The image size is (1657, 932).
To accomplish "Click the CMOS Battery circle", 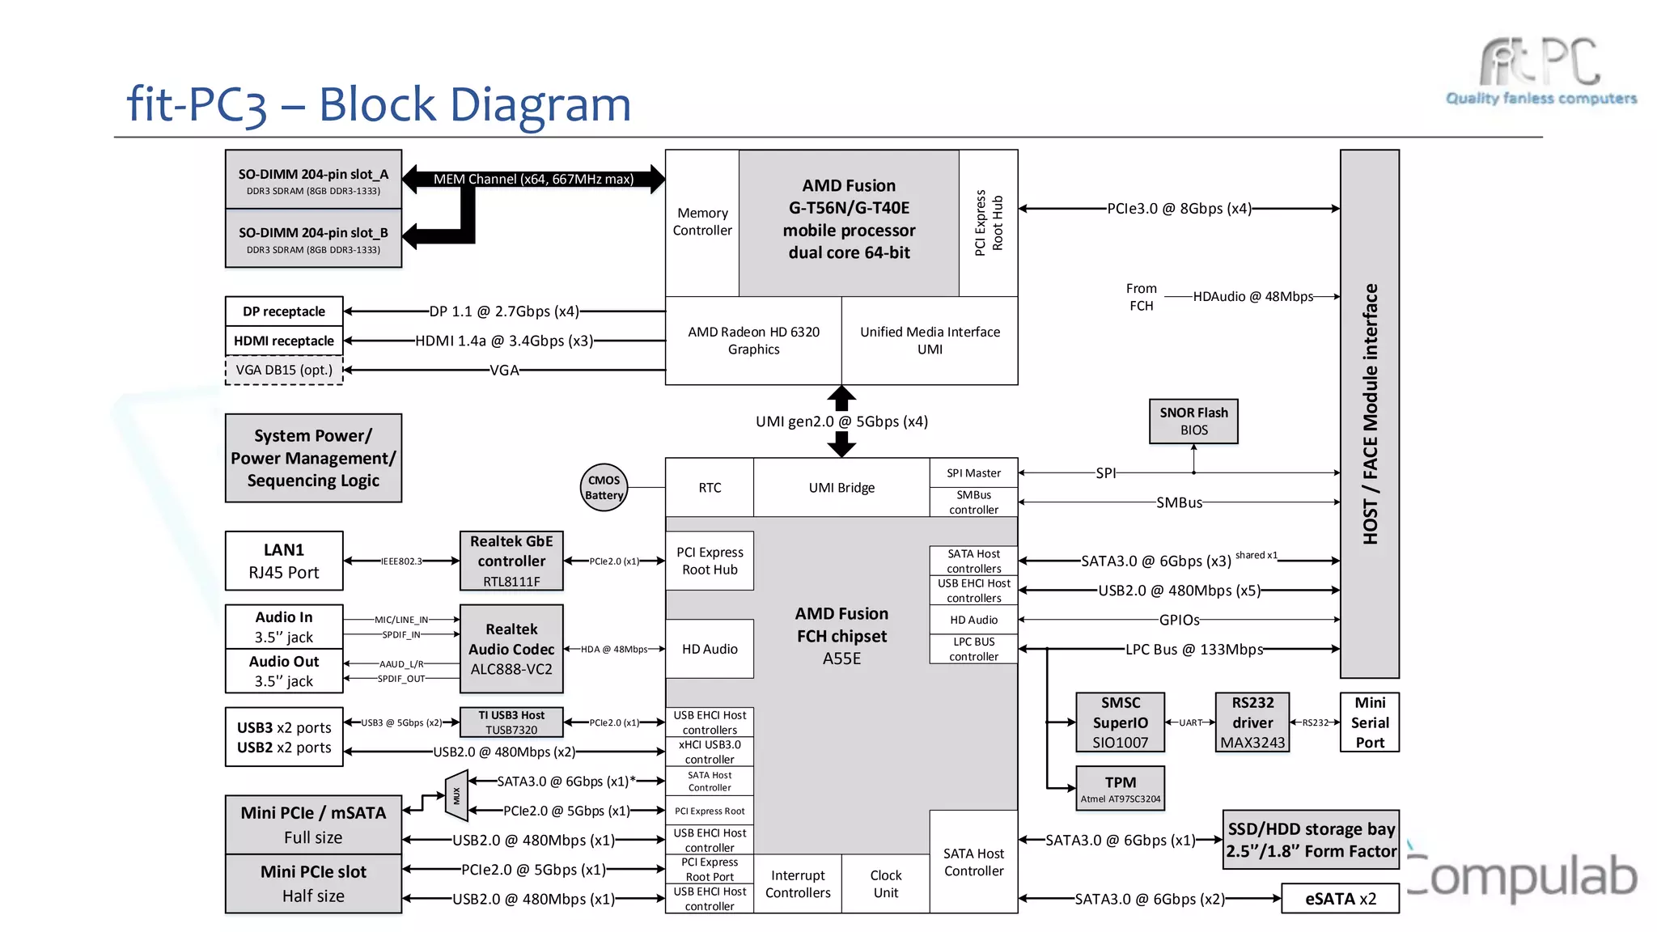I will coord(604,488).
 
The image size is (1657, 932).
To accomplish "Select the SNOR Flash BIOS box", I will coord(1193,422).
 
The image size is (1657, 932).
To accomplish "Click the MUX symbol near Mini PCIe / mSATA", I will coord(456,796).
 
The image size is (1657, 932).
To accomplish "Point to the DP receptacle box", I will coord(284,311).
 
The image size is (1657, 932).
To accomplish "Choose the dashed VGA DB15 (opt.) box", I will coord(284,371).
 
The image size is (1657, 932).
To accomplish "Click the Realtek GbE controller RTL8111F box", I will coord(511,561).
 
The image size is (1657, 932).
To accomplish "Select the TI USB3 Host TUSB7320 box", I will coord(511,722).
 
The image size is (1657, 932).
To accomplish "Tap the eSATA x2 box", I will coord(1340,899).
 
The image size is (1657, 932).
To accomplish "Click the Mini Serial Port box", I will coord(1370,722).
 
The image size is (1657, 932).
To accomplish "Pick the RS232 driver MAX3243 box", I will coord(1252,722).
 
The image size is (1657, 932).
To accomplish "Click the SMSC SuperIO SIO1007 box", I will coord(1120,722).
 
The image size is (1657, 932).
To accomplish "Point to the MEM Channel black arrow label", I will coord(533,179).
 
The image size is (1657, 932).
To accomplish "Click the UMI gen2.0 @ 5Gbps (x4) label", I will coord(841,422).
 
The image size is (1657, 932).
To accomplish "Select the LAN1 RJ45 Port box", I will coord(284,561).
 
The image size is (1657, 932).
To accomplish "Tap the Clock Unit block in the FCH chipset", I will coord(885,884).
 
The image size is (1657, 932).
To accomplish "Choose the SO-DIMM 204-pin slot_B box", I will coord(313,239).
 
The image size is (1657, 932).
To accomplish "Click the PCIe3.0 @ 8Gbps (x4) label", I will coord(1179,209).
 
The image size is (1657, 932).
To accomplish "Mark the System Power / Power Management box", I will coord(313,458).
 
